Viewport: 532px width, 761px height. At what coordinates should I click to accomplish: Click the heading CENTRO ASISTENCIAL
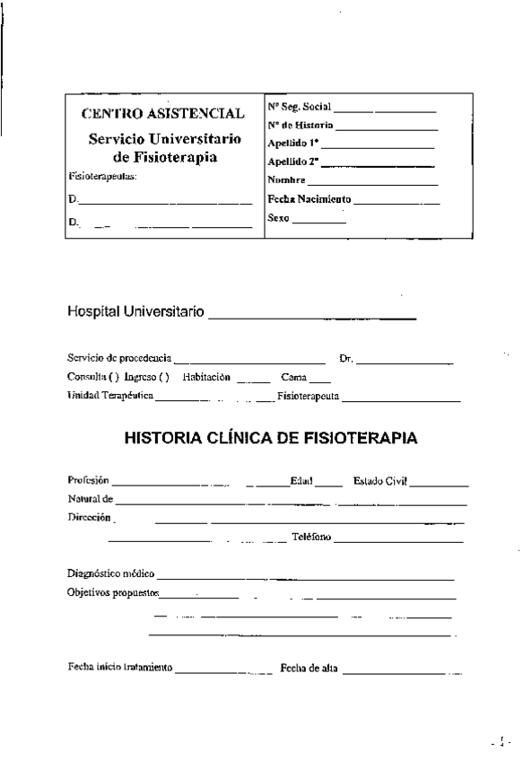(x=162, y=114)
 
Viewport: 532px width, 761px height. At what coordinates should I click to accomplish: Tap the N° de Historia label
(x=300, y=126)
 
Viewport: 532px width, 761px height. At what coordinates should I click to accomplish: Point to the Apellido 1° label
(x=293, y=143)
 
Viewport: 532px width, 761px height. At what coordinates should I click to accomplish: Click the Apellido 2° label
(x=293, y=162)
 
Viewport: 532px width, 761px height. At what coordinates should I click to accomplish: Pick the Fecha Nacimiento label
(x=310, y=199)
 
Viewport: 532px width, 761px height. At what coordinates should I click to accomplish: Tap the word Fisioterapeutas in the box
(x=101, y=177)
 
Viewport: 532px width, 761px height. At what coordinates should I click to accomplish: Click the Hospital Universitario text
(x=135, y=313)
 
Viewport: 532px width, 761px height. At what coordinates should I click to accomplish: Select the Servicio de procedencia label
(x=120, y=359)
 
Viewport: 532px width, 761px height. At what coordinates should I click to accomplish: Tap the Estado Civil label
(x=380, y=481)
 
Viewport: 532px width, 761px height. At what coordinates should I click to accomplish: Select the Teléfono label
(x=311, y=538)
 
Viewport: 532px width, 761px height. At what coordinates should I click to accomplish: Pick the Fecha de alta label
(x=309, y=668)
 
